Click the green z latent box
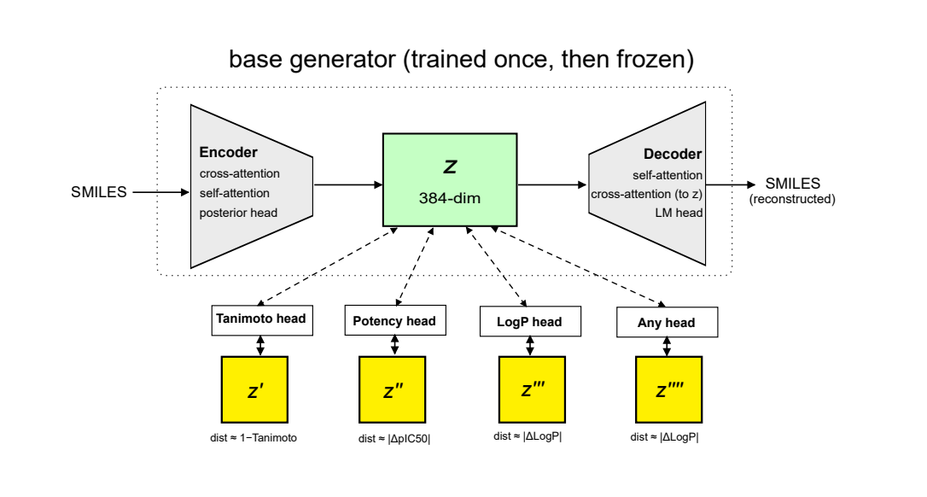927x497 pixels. (450, 180)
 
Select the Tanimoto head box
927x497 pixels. (262, 320)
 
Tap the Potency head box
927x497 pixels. (395, 321)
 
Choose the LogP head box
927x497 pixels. (530, 321)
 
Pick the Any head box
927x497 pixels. (667, 323)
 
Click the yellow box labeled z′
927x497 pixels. (254, 389)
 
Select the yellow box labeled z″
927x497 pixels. (392, 389)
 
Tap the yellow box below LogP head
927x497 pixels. (532, 389)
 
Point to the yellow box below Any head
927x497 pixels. (668, 389)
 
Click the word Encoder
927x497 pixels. (228, 152)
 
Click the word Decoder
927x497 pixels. (673, 154)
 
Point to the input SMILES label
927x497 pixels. (99, 192)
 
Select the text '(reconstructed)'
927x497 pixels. (792, 199)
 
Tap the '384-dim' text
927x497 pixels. (450, 198)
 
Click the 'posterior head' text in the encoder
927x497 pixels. (238, 213)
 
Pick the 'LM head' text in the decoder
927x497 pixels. (679, 213)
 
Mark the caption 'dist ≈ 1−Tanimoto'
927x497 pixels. (254, 438)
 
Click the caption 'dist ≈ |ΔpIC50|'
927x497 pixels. (394, 438)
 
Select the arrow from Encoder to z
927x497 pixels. (348, 185)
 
